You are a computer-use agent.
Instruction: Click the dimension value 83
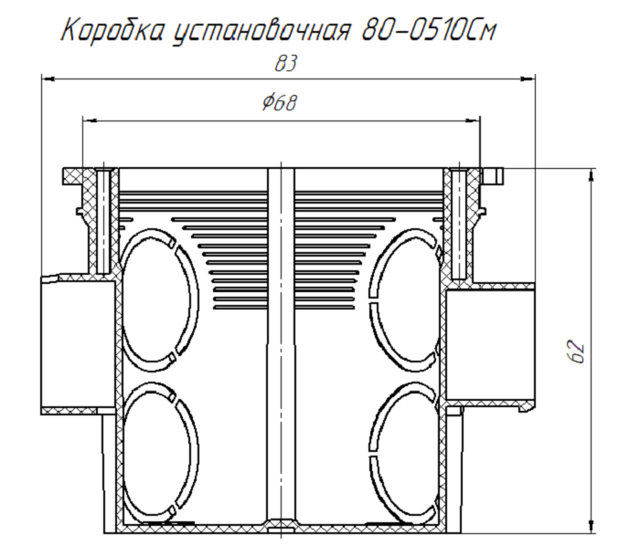286,65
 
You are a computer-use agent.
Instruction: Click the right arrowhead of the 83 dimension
529,79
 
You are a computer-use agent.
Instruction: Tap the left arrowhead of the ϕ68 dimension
88,118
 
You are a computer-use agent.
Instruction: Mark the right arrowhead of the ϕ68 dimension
475,118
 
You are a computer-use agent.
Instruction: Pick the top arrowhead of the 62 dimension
595,173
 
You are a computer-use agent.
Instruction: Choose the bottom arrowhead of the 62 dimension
595,527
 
